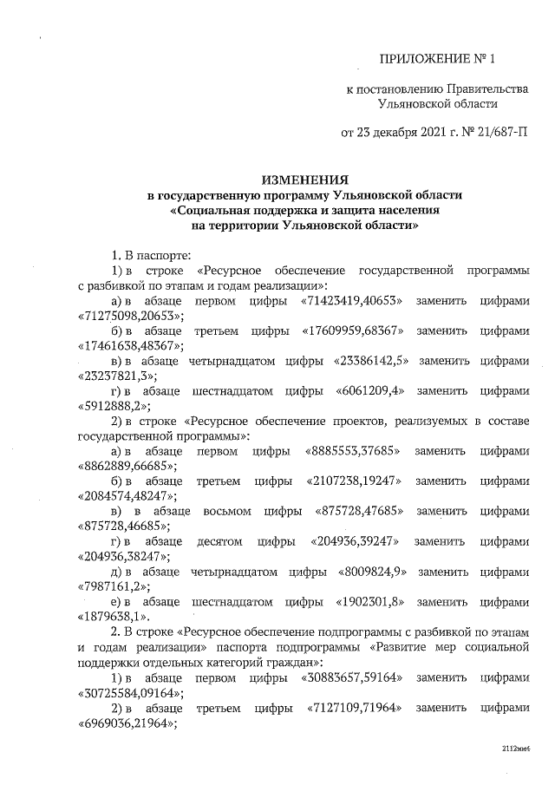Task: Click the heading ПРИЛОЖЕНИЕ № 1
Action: tap(441, 59)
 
